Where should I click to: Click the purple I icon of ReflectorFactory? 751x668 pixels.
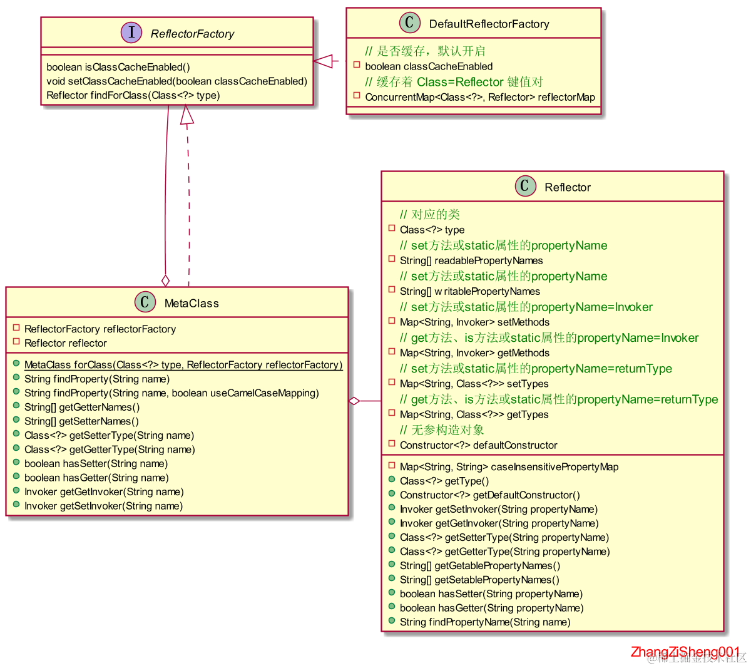131,33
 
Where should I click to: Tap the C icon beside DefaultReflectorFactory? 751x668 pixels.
409,23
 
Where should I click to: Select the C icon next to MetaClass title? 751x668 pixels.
145,302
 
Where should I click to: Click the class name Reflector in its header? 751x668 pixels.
567,187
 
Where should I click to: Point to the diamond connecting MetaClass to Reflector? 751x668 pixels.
355,401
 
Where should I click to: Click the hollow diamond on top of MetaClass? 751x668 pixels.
165,280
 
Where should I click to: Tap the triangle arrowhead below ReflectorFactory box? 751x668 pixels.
186,115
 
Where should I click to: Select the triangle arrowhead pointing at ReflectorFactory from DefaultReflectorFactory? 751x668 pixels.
323,61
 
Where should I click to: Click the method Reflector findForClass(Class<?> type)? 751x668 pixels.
133,95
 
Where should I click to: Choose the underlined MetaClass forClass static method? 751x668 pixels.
183,364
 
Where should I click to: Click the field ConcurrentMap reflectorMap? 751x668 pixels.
479,97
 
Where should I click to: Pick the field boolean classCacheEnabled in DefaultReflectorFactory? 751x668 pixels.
429,66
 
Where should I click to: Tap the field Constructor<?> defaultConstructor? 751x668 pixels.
478,445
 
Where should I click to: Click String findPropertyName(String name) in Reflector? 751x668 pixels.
484,622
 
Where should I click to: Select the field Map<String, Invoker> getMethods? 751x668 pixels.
474,353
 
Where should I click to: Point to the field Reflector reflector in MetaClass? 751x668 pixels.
65,343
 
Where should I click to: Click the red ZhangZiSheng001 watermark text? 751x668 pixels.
685,652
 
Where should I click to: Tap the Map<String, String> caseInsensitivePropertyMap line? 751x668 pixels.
509,466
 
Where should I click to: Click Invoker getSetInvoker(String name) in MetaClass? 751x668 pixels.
103,506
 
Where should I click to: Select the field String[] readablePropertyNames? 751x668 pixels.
471,260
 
